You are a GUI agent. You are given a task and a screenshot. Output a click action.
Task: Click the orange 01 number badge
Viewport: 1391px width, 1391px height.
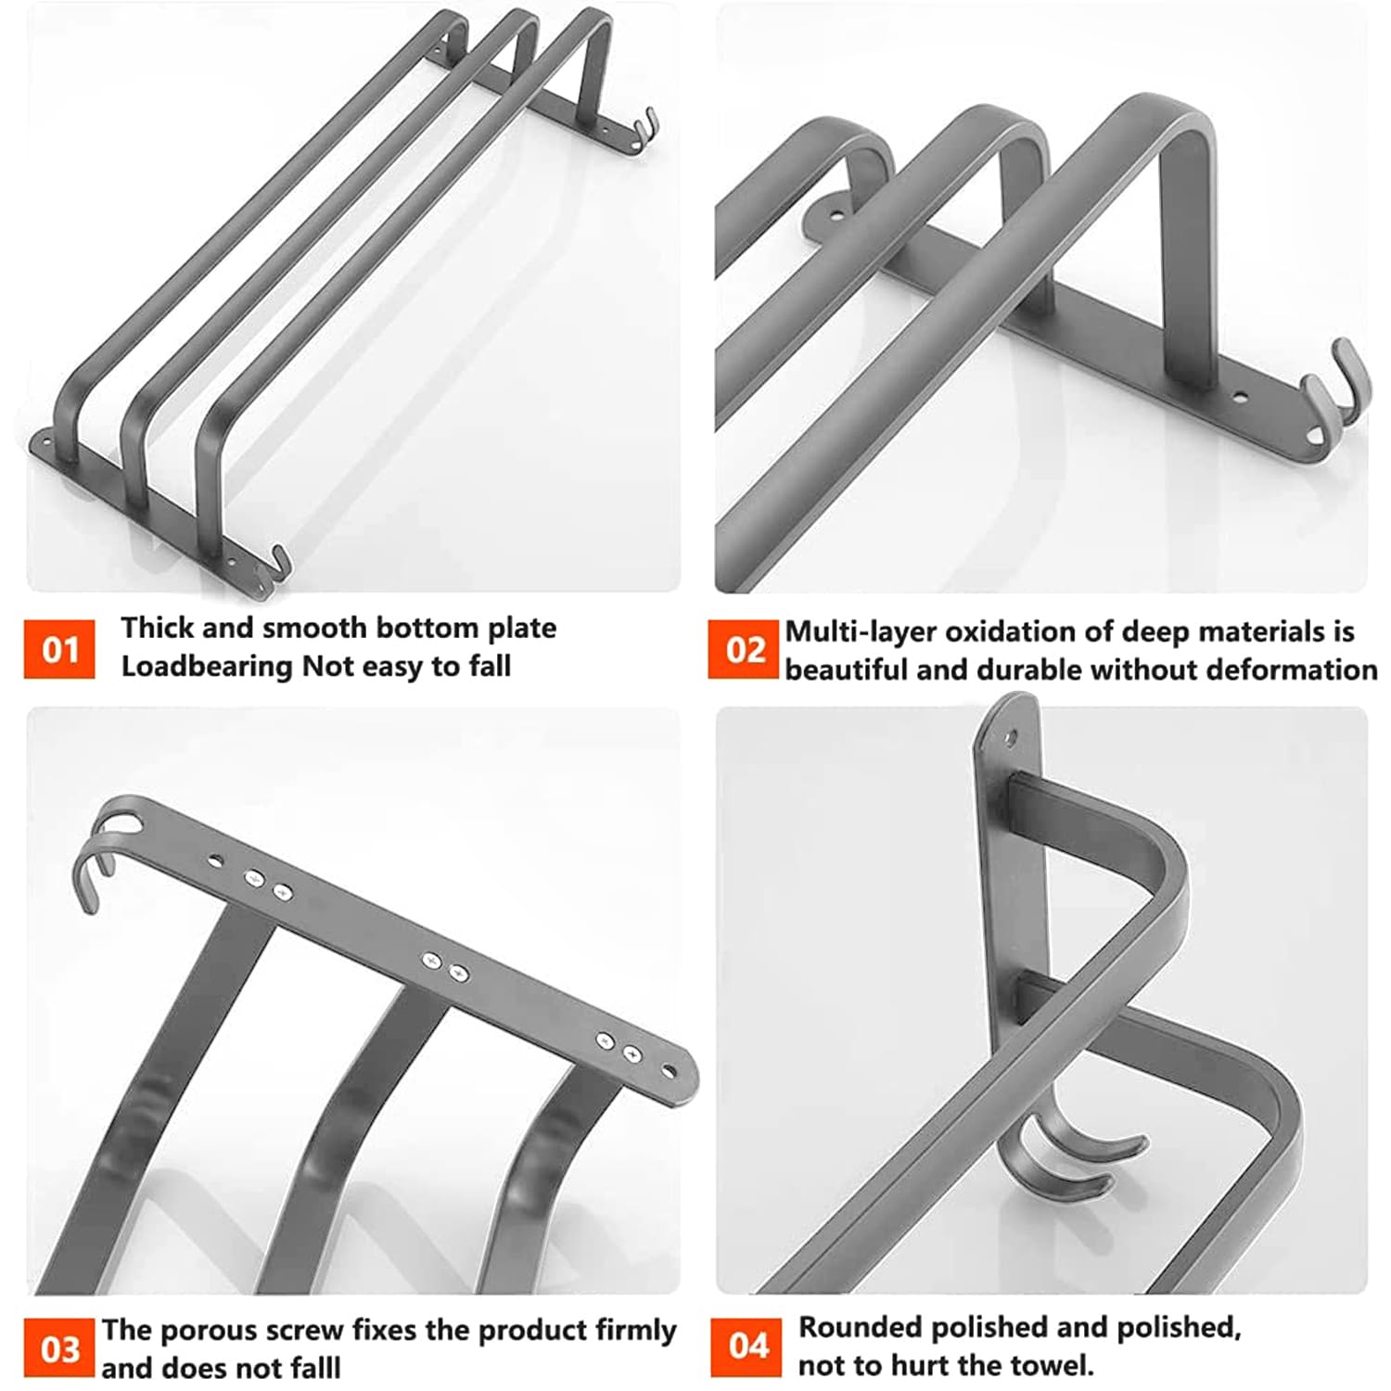point(59,649)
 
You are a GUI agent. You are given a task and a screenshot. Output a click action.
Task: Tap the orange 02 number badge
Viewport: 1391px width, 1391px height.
point(744,649)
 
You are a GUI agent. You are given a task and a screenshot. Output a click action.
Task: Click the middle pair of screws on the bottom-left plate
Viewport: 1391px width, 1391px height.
point(444,966)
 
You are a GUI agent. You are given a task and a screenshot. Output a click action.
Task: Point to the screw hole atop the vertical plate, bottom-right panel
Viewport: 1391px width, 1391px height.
point(1010,739)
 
